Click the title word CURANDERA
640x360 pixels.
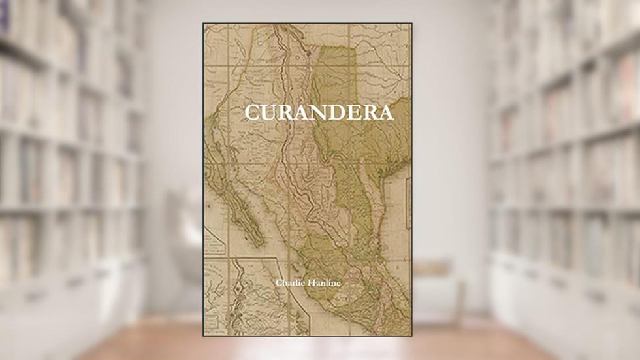click(319, 112)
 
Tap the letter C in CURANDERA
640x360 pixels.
click(253, 112)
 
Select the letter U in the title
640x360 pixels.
click(270, 112)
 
